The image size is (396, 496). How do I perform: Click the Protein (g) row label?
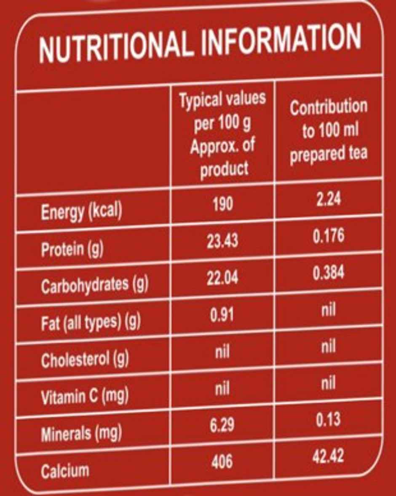(x=72, y=249)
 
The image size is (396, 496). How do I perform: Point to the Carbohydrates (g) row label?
(x=94, y=285)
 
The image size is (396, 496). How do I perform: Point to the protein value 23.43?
(x=222, y=241)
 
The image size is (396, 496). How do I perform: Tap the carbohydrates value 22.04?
(x=222, y=278)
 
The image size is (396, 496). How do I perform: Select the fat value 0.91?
(x=222, y=315)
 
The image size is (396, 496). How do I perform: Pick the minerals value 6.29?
(x=222, y=426)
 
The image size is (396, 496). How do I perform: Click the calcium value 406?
(x=222, y=462)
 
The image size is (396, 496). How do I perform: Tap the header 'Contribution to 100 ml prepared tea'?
(x=328, y=131)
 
